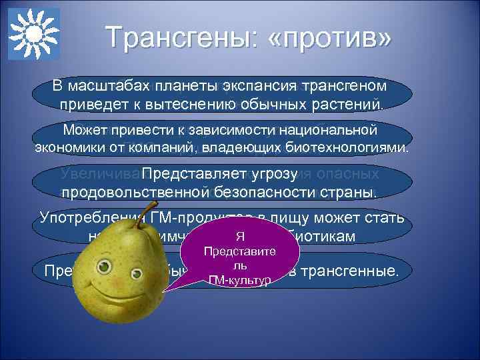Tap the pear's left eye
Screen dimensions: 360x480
pyautogui.click(x=104, y=267)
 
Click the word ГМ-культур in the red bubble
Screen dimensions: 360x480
pyautogui.click(x=239, y=280)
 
